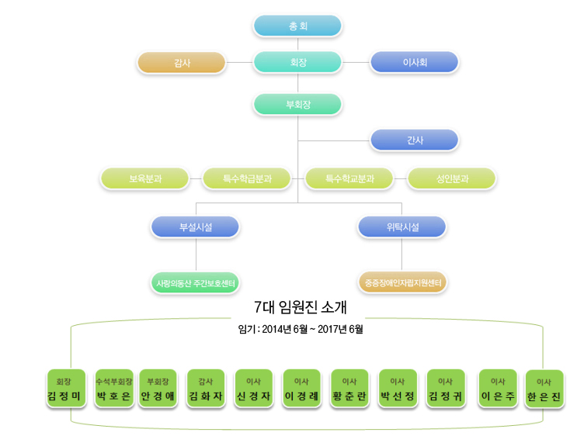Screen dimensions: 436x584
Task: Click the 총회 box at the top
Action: click(297, 26)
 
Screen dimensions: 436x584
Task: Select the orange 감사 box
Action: click(181, 63)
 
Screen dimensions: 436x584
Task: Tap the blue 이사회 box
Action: click(414, 63)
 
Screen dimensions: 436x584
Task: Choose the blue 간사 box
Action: click(414, 140)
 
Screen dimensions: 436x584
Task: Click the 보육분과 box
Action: click(145, 178)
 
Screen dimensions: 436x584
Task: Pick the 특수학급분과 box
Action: click(247, 178)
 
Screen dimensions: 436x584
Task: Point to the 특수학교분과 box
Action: click(349, 178)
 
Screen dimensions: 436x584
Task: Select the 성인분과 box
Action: click(452, 178)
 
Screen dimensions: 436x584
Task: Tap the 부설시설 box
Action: click(196, 227)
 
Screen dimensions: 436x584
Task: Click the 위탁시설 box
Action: click(401, 227)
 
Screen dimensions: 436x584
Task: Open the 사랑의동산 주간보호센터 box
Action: click(196, 282)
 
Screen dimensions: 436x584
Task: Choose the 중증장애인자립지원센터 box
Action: click(402, 282)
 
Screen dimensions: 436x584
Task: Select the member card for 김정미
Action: click(64, 389)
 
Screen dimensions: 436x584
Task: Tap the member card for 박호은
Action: click(113, 389)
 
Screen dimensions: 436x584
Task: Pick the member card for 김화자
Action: click(206, 389)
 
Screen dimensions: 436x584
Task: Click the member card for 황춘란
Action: click(349, 389)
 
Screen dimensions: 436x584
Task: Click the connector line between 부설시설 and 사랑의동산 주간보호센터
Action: click(196, 255)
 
